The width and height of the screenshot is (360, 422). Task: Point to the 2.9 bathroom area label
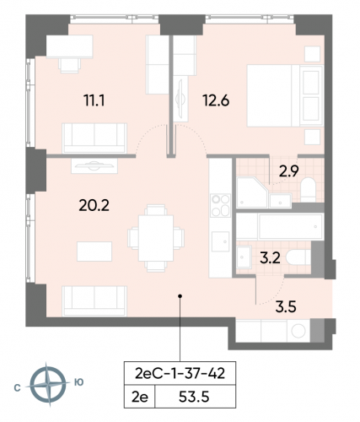pyautogui.click(x=289, y=170)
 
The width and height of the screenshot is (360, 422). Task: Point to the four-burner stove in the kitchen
pyautogui.click(x=221, y=204)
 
